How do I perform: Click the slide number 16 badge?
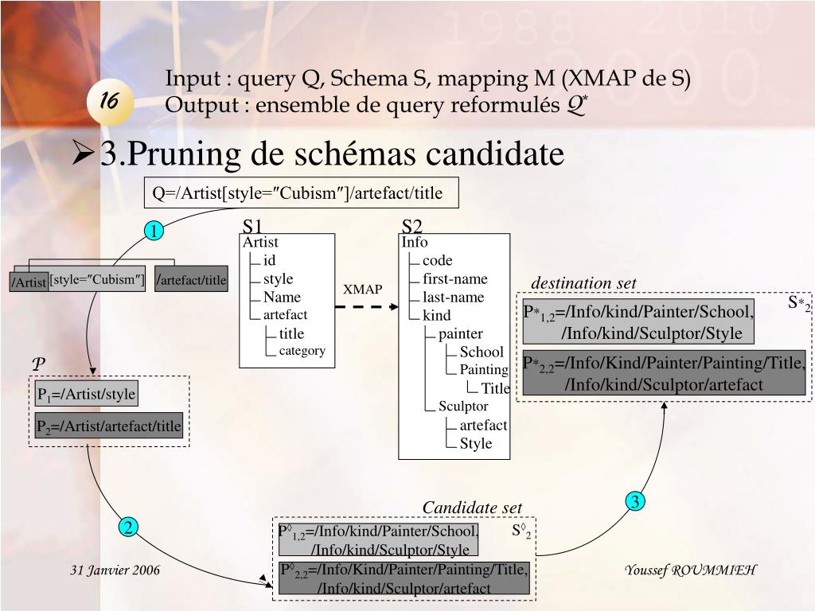click(110, 102)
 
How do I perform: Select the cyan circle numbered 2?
click(129, 527)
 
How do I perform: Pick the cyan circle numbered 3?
click(634, 501)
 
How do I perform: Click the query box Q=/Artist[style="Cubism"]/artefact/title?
click(302, 193)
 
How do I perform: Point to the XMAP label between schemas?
click(363, 290)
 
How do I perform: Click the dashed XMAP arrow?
click(364, 308)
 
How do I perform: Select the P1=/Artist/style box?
click(86, 394)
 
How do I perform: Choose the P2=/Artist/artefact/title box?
click(109, 426)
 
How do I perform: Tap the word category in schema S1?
click(302, 351)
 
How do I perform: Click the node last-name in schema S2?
click(453, 298)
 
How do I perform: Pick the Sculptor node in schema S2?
click(463, 407)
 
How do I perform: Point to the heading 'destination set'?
click(583, 284)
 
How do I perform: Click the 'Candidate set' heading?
click(472, 508)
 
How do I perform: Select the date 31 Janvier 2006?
click(115, 570)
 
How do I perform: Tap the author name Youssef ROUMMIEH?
click(690, 570)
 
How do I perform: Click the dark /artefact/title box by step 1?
click(192, 279)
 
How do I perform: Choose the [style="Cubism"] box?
click(97, 279)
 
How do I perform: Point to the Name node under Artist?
click(282, 298)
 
